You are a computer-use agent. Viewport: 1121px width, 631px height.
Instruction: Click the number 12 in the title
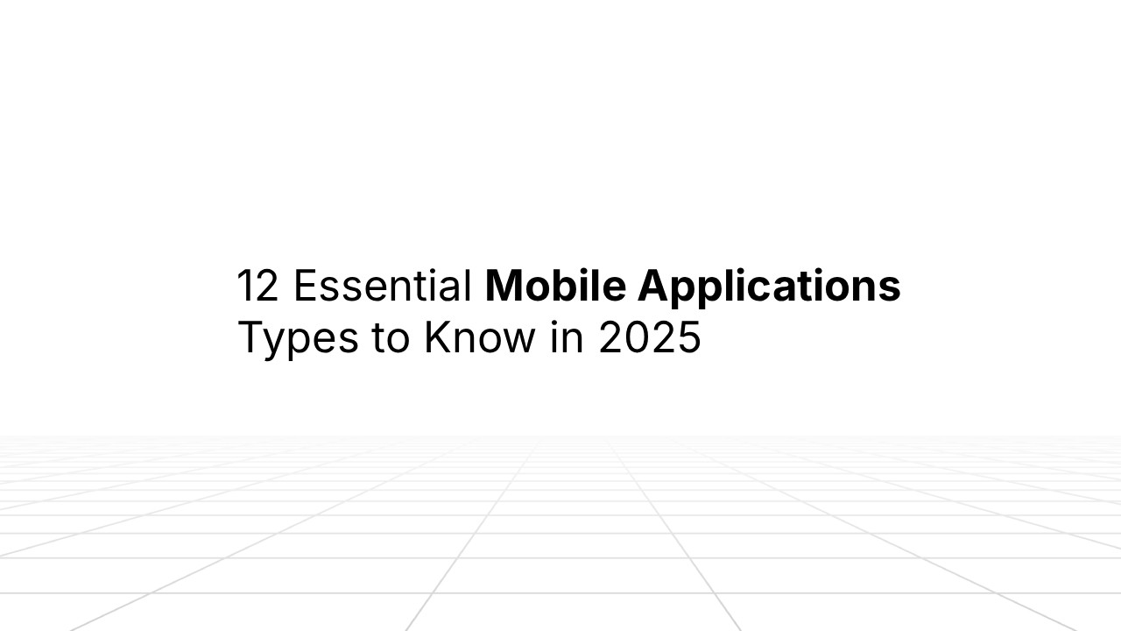(x=257, y=287)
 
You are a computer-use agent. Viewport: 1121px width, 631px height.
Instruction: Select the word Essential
(x=383, y=287)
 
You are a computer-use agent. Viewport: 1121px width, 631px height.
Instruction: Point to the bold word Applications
(x=769, y=287)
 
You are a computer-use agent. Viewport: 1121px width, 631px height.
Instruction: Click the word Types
(x=298, y=339)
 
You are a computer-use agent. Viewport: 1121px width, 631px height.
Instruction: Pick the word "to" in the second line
(x=391, y=339)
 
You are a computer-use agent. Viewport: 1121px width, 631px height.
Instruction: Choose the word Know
(x=479, y=339)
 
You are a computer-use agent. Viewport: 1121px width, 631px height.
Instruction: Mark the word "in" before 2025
(x=568, y=339)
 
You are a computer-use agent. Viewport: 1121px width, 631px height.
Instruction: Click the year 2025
(x=650, y=339)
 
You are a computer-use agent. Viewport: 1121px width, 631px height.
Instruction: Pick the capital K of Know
(x=436, y=338)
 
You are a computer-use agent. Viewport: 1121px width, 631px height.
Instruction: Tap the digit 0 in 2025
(x=637, y=339)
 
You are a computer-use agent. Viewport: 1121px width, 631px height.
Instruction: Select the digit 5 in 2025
(x=689, y=339)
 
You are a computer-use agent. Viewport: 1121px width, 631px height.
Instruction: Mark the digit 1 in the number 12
(x=244, y=287)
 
